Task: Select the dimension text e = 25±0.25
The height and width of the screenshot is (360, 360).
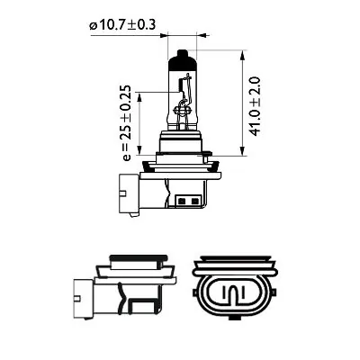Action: click(x=125, y=122)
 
